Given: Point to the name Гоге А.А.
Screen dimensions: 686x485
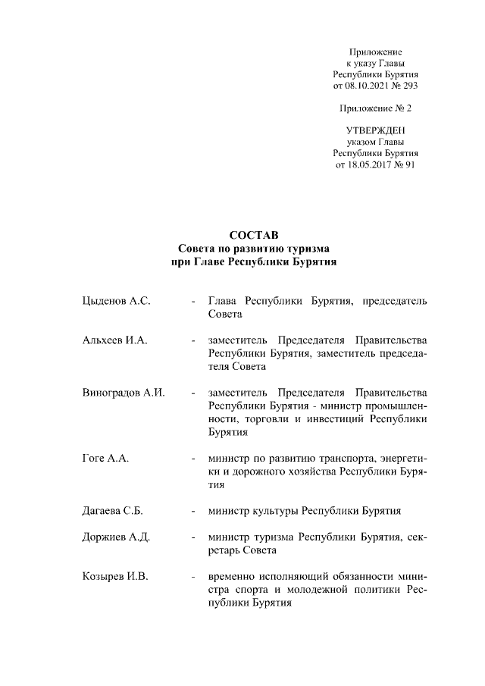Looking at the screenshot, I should [105, 459].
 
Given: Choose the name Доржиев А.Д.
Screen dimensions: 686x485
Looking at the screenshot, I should [116, 537].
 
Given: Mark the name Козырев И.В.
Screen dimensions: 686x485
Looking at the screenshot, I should [114, 577].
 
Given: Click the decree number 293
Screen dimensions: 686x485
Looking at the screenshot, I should [409, 86].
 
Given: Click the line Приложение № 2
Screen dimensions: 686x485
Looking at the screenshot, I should [377, 108].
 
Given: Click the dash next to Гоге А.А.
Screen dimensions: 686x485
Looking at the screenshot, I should [196, 459].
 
